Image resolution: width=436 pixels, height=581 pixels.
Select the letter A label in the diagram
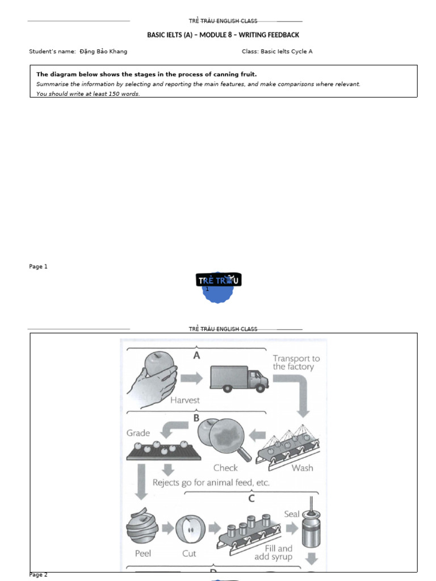(x=197, y=355)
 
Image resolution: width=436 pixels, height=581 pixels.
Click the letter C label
(x=251, y=499)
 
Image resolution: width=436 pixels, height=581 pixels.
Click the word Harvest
(x=185, y=400)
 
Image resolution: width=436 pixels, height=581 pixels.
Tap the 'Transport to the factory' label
(x=296, y=362)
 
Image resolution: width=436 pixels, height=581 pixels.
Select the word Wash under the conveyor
(x=302, y=468)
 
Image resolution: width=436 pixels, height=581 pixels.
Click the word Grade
(x=138, y=433)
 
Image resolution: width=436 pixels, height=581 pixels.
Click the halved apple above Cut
(x=189, y=528)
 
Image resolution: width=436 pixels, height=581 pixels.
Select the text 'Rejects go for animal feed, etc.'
(x=211, y=483)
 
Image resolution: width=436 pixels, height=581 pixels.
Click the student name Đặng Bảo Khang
(x=103, y=52)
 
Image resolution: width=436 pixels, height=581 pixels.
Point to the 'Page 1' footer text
(x=39, y=267)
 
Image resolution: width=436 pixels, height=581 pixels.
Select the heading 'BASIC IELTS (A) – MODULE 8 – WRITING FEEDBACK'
(x=223, y=35)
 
